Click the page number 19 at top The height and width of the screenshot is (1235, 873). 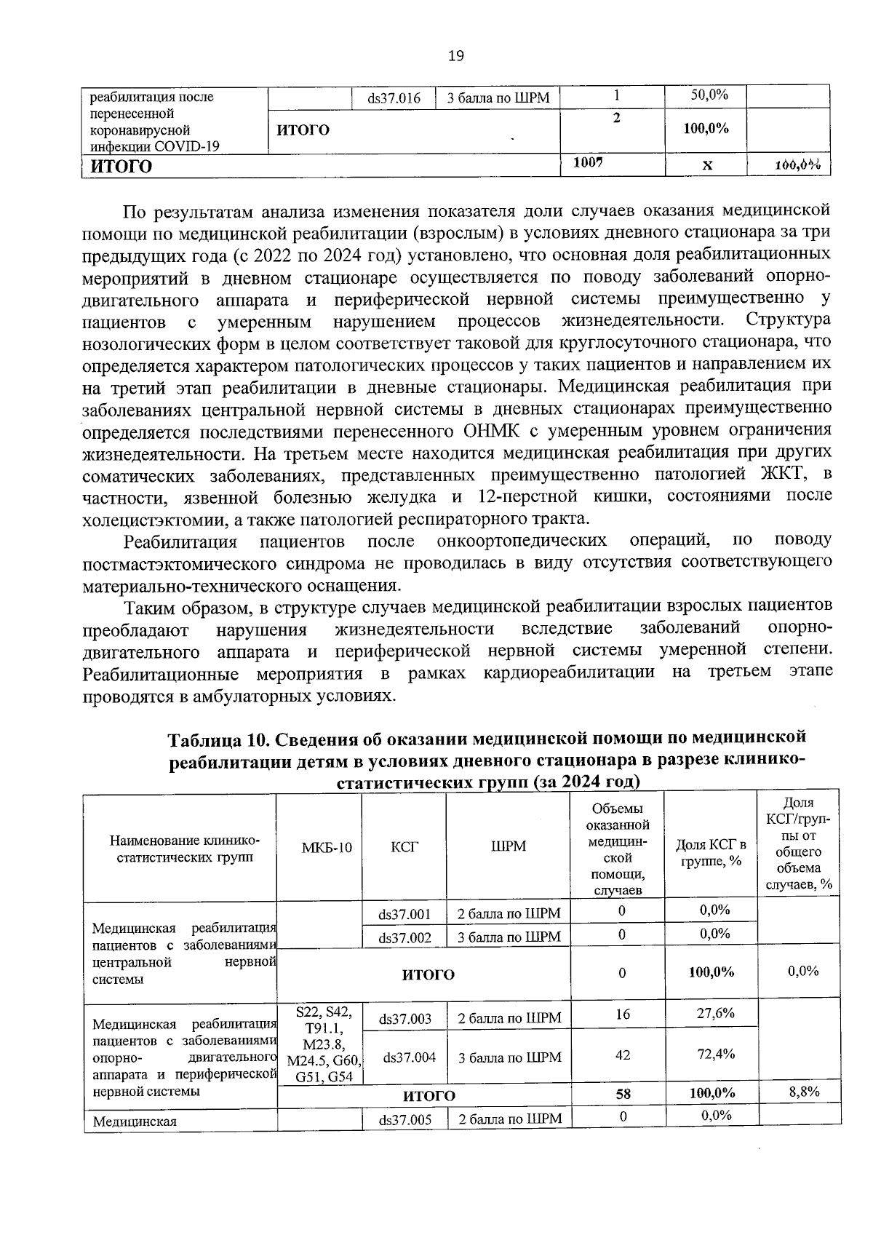(x=456, y=56)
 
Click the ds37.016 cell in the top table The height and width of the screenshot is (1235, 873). (x=394, y=98)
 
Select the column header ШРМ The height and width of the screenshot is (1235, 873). (x=509, y=846)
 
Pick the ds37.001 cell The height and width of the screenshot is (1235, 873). (x=404, y=914)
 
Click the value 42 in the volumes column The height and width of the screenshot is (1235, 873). (x=623, y=1055)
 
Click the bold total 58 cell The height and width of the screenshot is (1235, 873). (x=623, y=1094)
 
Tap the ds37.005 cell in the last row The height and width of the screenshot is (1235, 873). (x=405, y=1120)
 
